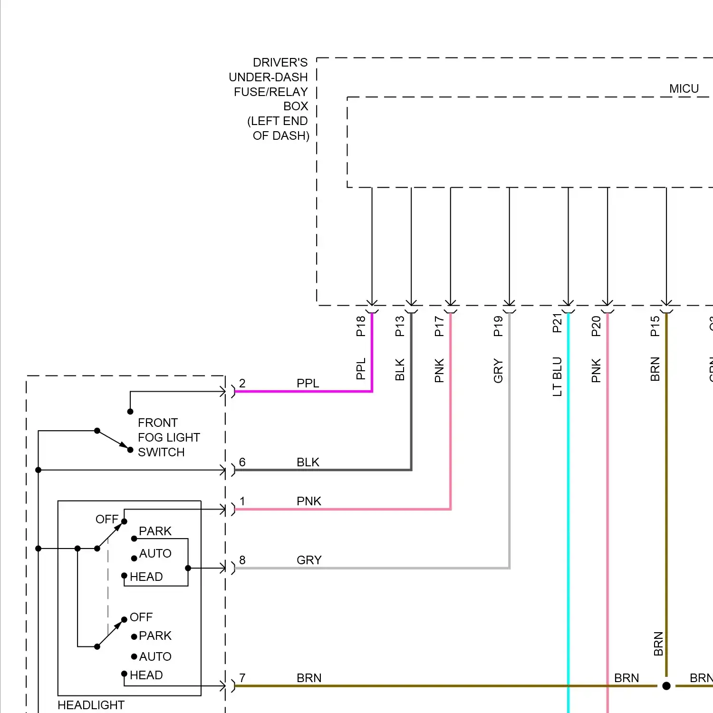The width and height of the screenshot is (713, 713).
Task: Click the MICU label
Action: pos(684,89)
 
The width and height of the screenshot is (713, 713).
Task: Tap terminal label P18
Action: pos(361,326)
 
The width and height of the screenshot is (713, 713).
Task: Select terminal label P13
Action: pos(400,326)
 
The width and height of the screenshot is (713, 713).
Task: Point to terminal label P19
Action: pos(498,326)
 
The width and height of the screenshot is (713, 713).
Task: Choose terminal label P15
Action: pos(655,326)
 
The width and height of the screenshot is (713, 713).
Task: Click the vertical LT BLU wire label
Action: pos(557,376)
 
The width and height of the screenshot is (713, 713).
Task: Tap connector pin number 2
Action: pos(242,383)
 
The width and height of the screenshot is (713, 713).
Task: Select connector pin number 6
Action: pos(242,462)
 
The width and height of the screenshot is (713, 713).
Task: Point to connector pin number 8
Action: pos(242,560)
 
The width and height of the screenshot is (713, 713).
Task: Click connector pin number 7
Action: pos(242,678)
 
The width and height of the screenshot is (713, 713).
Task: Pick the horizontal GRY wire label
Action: pos(309,560)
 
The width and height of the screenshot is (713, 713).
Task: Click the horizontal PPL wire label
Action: pos(308,383)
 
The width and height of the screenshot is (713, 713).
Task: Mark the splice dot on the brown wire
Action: pos(666,686)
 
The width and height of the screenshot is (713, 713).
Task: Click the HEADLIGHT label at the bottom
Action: pos(91,705)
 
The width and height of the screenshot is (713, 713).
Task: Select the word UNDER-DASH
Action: pos(268,77)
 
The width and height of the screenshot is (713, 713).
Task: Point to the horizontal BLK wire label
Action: pos(308,462)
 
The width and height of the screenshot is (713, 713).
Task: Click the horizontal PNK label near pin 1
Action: pos(309,501)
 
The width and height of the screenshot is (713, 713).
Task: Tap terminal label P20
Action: pos(596,326)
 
